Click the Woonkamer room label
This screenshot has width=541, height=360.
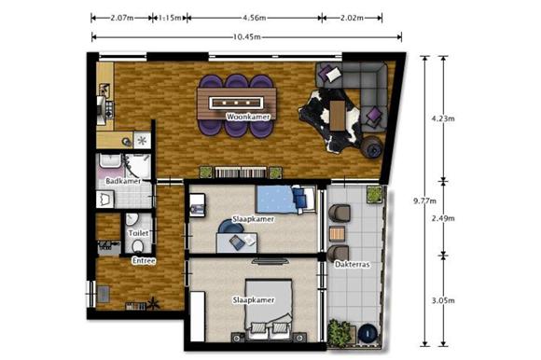[x=248, y=117]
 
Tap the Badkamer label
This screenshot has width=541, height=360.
[x=123, y=181]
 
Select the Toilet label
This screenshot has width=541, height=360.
[x=138, y=233]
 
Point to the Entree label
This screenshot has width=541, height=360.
[x=144, y=261]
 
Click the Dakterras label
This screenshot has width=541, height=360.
[x=353, y=265]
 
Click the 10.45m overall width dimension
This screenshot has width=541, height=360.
[x=246, y=37]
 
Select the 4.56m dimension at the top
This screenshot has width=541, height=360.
[x=255, y=18]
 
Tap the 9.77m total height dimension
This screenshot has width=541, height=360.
[x=424, y=201]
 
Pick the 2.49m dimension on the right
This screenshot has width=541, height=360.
[x=443, y=218]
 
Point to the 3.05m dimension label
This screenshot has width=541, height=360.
[x=443, y=300]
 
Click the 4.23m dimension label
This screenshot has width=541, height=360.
[x=443, y=118]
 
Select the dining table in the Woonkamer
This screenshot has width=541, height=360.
[x=237, y=104]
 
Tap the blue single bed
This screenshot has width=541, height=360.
[x=285, y=200]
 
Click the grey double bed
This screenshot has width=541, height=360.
[x=269, y=309]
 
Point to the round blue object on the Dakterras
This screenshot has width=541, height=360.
[x=368, y=333]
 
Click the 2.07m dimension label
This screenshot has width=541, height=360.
[x=122, y=18]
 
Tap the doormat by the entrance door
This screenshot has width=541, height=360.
[x=104, y=294]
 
